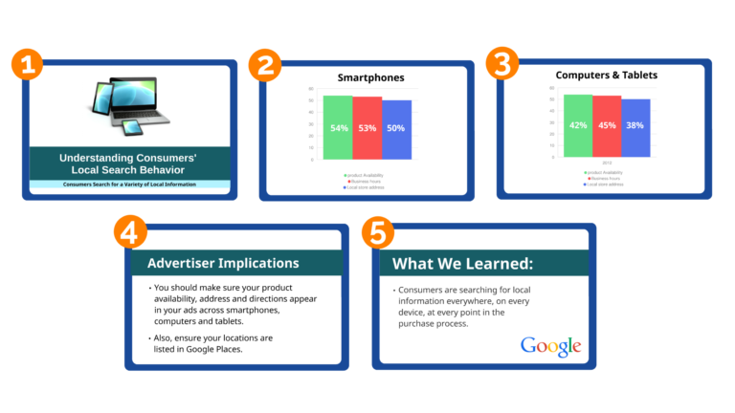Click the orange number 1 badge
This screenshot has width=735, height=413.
[29, 65]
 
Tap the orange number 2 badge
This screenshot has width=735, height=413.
[265, 65]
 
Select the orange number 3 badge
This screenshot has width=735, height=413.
[501, 64]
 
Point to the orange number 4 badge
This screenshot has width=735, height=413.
[130, 232]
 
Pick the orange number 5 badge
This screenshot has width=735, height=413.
[377, 232]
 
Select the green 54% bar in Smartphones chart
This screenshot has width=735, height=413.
[338, 127]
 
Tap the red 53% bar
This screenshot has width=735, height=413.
[367, 127]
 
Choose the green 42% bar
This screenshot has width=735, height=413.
[578, 125]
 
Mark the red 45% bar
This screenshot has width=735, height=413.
[607, 125]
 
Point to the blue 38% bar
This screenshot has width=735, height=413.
[635, 126]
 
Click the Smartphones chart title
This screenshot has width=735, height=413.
[370, 77]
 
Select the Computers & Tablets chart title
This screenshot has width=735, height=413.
[607, 75]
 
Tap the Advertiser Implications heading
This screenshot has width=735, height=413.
[223, 263]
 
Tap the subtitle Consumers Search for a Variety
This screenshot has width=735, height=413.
[128, 184]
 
